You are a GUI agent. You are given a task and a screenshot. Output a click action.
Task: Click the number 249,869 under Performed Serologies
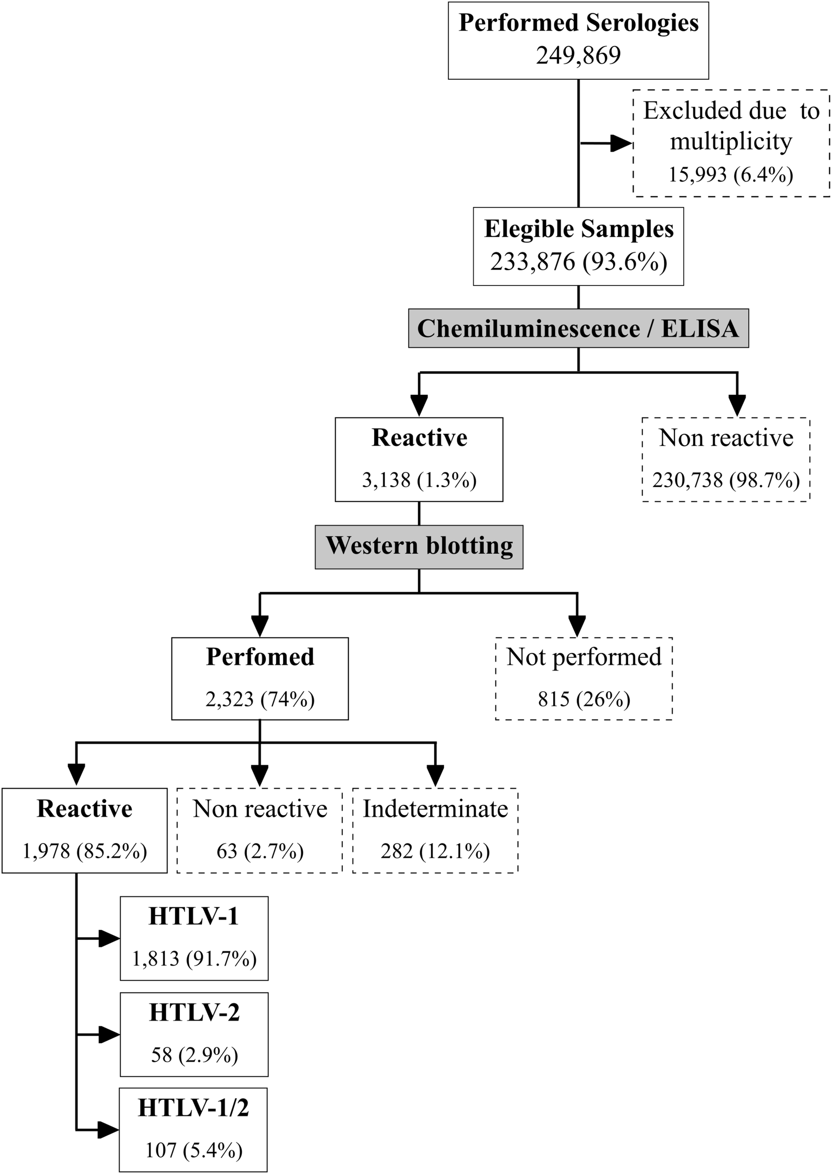click(578, 55)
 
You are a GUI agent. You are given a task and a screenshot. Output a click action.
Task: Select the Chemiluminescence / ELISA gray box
click(578, 328)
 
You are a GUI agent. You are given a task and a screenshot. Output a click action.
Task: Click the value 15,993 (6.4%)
click(731, 175)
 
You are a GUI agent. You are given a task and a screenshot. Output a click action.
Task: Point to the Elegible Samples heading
click(578, 229)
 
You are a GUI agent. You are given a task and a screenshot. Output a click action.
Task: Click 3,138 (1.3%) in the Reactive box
click(419, 480)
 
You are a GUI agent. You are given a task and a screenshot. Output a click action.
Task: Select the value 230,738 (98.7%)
click(725, 480)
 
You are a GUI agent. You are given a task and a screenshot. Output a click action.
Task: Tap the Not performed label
click(584, 657)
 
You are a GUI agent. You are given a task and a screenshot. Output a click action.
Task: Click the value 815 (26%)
click(584, 699)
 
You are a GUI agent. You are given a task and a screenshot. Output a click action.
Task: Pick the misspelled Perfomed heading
click(260, 657)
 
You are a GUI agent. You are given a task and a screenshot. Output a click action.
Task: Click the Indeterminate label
click(435, 809)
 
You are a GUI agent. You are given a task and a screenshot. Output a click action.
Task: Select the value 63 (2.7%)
click(260, 851)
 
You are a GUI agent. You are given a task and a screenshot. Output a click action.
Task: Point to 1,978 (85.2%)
click(85, 851)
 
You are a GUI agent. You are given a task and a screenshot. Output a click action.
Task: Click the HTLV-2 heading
click(194, 1013)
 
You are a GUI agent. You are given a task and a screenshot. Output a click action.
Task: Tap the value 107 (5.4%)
click(193, 1151)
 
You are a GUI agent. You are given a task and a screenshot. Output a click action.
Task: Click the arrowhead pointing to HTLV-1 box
click(109, 938)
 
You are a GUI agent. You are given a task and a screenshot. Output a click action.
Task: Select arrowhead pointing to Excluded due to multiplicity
click(621, 144)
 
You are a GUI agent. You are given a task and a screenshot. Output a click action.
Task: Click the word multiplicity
click(731, 141)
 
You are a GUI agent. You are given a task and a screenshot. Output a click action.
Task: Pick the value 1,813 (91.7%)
click(194, 958)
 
